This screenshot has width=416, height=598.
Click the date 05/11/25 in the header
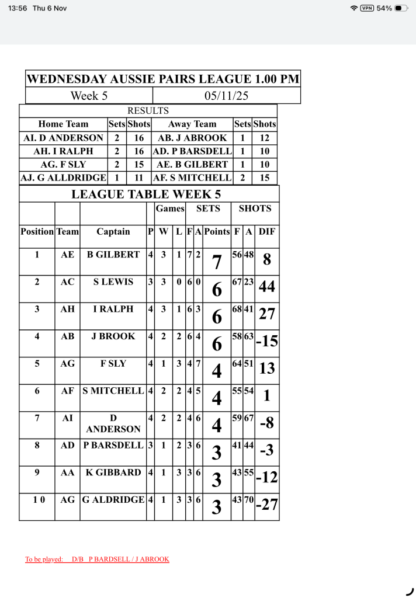click(x=227, y=96)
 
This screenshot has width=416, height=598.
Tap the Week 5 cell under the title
click(x=89, y=96)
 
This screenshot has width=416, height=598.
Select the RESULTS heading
click(x=148, y=110)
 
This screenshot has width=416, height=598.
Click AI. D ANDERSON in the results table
click(x=63, y=138)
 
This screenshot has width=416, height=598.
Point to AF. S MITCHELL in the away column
click(x=192, y=177)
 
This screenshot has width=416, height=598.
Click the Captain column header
click(x=113, y=231)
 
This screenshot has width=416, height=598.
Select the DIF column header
click(x=266, y=231)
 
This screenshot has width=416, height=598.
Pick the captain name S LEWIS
click(x=113, y=281)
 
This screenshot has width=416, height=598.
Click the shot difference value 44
click(x=266, y=287)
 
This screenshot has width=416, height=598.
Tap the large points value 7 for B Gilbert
click(x=216, y=263)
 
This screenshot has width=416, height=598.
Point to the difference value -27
click(x=266, y=505)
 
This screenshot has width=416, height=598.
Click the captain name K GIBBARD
click(x=113, y=472)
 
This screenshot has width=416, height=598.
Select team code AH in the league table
click(x=67, y=309)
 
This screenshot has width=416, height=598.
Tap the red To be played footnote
click(x=97, y=559)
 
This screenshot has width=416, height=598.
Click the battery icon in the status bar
click(x=401, y=8)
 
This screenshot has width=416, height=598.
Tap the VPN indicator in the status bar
click(x=367, y=8)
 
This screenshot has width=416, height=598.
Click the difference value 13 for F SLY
click(x=266, y=368)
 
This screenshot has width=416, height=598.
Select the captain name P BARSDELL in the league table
click(x=113, y=445)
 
